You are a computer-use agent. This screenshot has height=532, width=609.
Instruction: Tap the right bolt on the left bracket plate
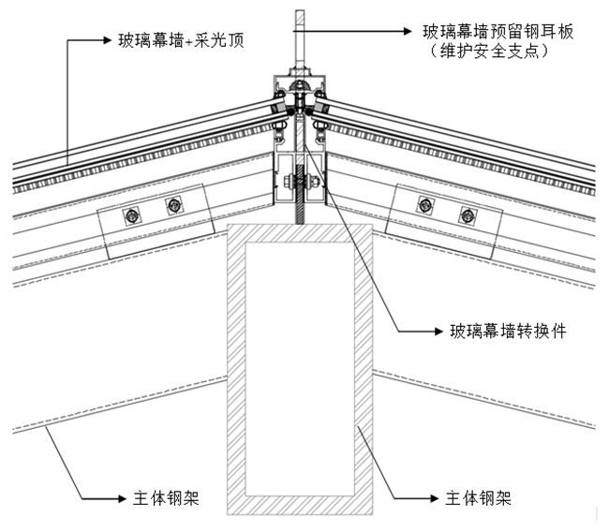(x=173, y=205)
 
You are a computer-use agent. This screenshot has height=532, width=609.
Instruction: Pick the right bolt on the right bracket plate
(x=466, y=216)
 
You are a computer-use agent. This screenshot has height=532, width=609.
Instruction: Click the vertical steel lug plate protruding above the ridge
(x=301, y=33)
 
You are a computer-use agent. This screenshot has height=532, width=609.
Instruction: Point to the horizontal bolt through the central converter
(x=301, y=181)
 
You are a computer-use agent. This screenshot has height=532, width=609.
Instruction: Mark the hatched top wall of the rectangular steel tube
(x=300, y=232)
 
